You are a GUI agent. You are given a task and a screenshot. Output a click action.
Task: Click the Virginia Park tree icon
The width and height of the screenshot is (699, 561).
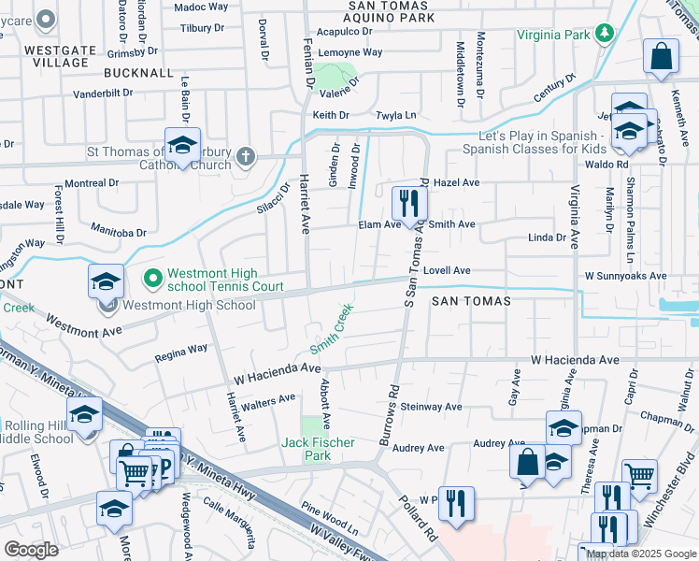tap(605, 36)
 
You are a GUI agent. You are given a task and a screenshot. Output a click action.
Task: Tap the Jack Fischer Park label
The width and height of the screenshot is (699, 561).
tap(307, 449)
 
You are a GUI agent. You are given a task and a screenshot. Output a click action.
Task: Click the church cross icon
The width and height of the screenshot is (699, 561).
tap(246, 156)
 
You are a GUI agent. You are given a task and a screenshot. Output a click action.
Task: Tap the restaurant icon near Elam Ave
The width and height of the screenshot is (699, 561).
tap(408, 201)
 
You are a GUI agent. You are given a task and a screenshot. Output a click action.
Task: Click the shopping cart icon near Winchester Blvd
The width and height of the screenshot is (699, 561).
tap(639, 475)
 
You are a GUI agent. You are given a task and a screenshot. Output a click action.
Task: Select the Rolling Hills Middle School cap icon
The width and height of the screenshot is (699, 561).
tap(84, 413)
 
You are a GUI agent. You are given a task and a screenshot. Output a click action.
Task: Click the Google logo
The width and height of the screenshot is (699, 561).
tap(31, 550)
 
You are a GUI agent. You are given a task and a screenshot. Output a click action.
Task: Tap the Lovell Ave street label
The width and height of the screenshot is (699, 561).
tap(447, 270)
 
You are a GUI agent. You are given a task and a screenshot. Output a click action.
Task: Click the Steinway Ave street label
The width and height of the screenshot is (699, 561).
tap(431, 407)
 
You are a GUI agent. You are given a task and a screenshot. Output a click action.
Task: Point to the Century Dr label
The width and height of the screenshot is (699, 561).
tap(550, 91)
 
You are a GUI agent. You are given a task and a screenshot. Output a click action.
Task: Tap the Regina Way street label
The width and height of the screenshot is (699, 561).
tap(180, 352)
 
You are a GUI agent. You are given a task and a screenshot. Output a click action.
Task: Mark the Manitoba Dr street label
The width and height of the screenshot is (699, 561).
tap(120, 227)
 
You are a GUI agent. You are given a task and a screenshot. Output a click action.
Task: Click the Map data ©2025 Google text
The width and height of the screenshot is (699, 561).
tap(641, 554)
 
